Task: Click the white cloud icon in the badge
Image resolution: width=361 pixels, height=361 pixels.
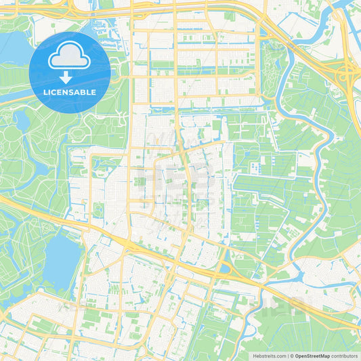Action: [x=70, y=58]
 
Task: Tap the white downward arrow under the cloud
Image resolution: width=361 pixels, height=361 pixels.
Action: [x=70, y=77]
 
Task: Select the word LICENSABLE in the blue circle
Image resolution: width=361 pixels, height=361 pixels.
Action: [x=70, y=92]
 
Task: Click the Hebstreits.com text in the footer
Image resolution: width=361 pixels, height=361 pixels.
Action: [x=270, y=356]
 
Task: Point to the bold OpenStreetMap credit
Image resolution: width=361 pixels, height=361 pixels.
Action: [x=312, y=356]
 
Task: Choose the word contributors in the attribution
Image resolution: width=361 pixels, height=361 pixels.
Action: [x=345, y=356]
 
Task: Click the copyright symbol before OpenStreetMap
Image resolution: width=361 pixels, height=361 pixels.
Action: [x=292, y=356]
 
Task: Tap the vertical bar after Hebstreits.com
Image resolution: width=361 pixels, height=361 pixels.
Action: [x=287, y=356]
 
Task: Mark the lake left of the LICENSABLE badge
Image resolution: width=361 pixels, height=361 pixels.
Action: [x=14, y=47]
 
